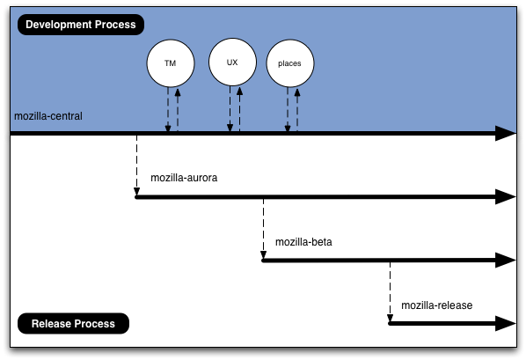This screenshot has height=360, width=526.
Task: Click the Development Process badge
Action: click(81, 25)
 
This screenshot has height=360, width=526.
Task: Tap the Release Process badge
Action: click(73, 323)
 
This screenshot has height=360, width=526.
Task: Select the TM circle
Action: click(171, 63)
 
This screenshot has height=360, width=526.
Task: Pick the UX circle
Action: click(232, 62)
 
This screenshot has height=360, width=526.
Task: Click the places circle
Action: click(290, 63)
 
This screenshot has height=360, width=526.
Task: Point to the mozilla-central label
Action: click(48, 116)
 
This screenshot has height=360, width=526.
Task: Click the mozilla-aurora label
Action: click(184, 178)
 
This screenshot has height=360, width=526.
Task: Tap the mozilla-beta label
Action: click(303, 242)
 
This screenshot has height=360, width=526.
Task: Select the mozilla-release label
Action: click(437, 305)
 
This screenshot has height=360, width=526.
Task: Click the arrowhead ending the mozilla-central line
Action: click(506, 133)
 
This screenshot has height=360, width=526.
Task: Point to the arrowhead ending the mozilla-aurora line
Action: click(506, 197)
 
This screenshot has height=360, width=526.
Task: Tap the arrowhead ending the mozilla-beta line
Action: click(506, 261)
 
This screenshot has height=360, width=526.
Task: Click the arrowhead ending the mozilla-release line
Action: click(506, 323)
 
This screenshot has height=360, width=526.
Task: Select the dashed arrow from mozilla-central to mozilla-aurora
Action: click(137, 165)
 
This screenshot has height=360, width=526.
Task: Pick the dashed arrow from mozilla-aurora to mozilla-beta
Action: click(263, 229)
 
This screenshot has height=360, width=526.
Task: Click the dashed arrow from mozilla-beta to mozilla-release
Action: click(390, 292)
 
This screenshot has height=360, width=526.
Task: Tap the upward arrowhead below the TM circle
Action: click(178, 92)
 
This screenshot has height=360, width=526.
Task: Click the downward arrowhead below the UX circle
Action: click(230, 128)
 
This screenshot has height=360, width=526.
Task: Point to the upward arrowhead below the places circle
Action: click(297, 92)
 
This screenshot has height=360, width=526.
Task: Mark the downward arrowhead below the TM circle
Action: click(168, 128)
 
